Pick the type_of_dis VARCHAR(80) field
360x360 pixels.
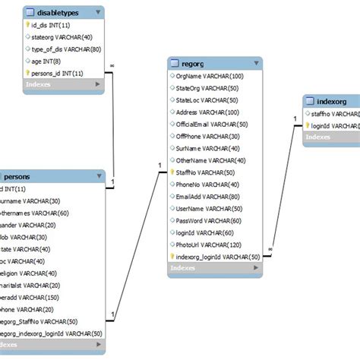(x=62, y=49)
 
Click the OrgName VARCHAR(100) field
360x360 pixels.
(x=210, y=76)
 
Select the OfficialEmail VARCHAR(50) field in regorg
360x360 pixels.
(x=211, y=124)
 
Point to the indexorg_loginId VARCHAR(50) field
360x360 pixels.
(x=217, y=257)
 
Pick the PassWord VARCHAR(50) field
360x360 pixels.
(x=208, y=220)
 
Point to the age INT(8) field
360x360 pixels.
(x=46, y=61)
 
